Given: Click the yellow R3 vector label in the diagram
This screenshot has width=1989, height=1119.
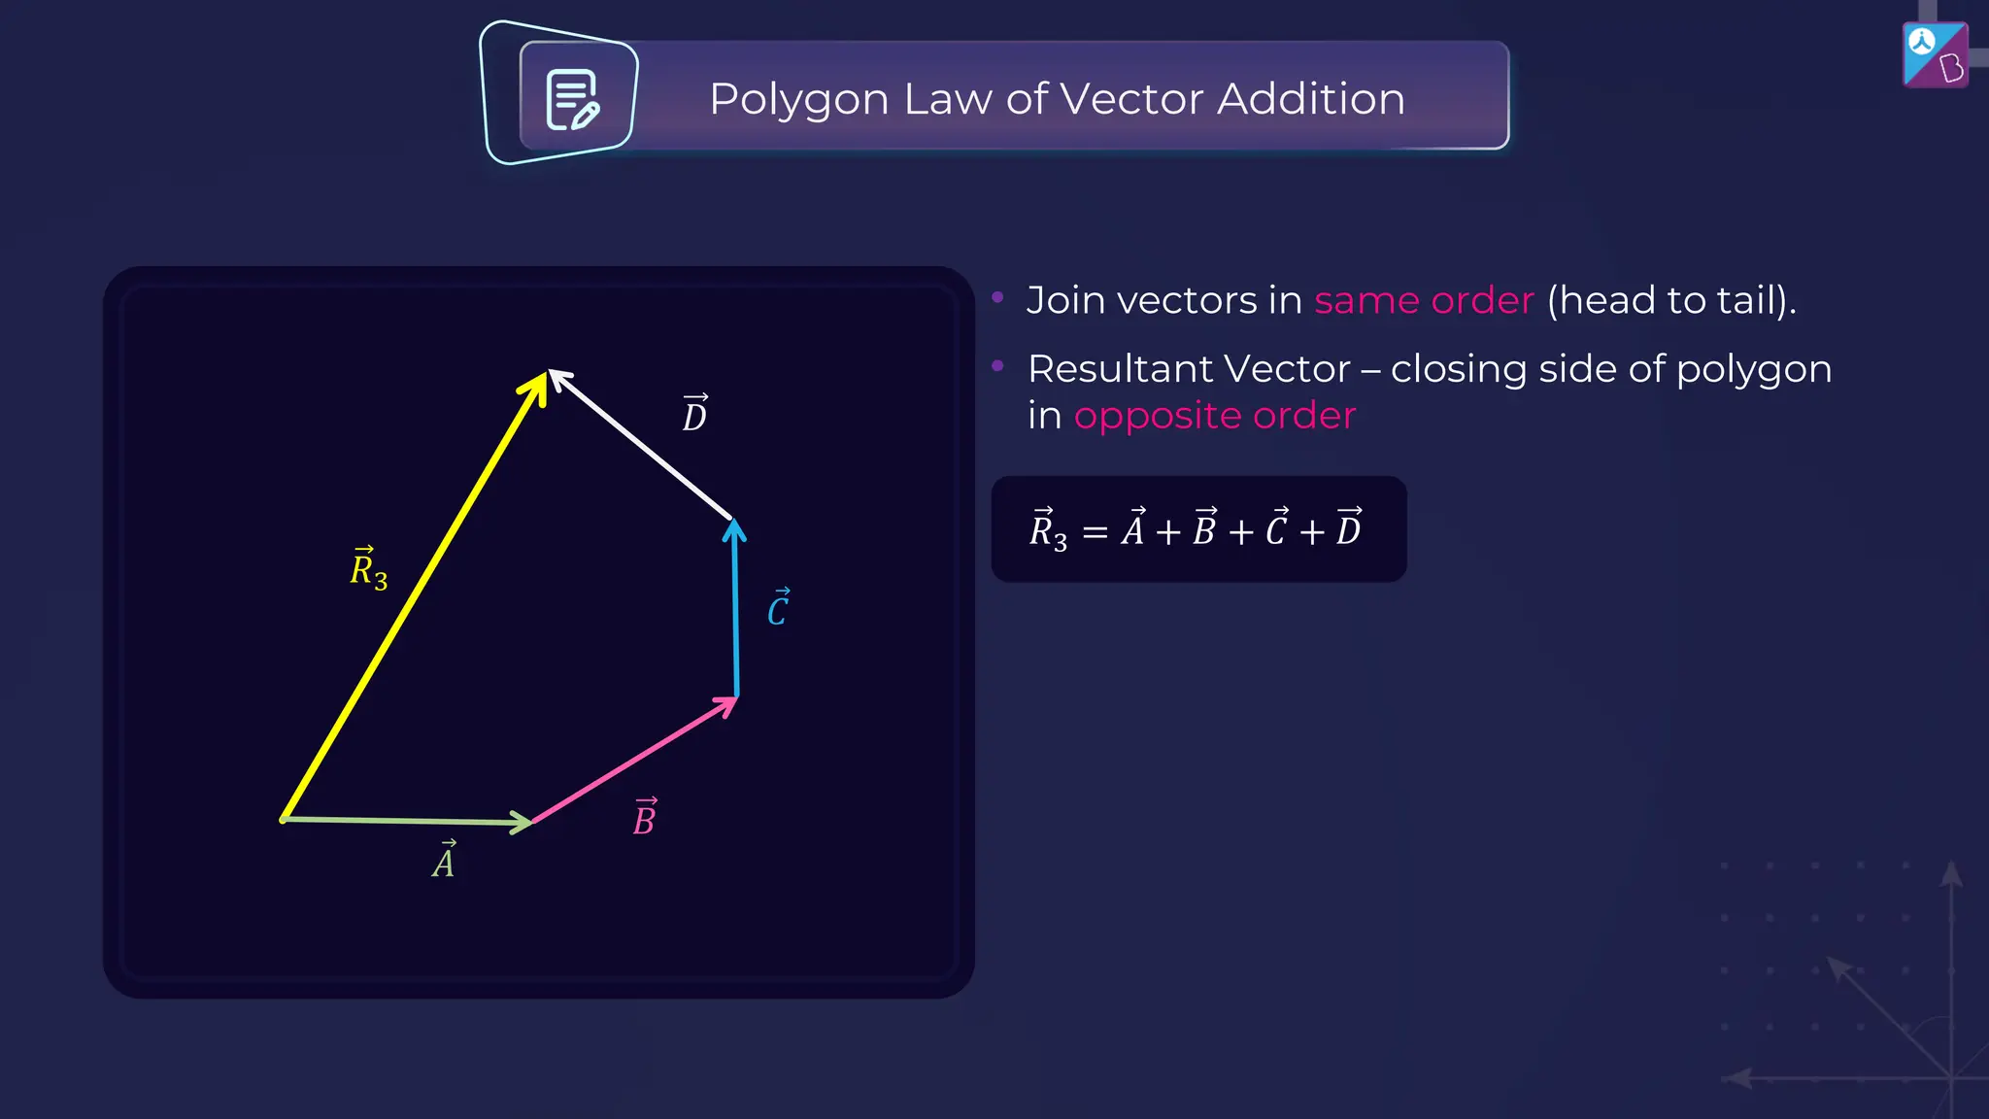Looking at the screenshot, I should (x=368, y=569).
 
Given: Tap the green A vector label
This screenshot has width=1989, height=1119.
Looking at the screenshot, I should (x=444, y=860).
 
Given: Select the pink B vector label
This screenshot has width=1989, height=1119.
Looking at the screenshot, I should (x=645, y=818).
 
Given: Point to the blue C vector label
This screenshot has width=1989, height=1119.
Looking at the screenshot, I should (x=779, y=608).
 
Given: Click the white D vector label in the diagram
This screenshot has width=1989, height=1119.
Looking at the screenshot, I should (x=694, y=415).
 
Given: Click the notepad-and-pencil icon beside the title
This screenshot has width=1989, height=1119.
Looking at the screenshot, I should (x=572, y=99).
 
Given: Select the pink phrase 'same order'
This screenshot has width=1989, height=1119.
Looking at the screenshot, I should (x=1424, y=301).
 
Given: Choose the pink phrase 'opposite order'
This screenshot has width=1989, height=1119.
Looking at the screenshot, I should (x=1214, y=416).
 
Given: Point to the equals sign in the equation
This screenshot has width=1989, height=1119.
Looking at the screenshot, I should (x=1095, y=532).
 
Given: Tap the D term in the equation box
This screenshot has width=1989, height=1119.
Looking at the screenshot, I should (x=1348, y=528).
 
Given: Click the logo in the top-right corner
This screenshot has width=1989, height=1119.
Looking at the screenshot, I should (x=1935, y=55).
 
